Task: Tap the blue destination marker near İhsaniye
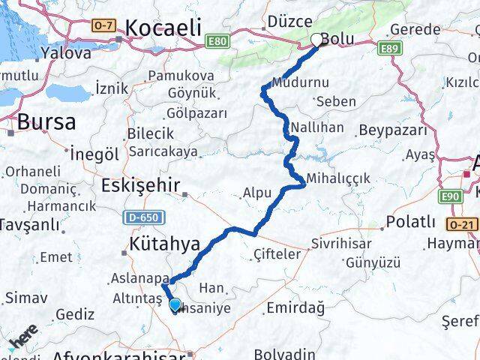175,305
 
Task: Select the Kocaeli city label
163,28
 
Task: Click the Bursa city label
46,122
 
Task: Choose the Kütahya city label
163,244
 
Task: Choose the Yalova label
66,53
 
